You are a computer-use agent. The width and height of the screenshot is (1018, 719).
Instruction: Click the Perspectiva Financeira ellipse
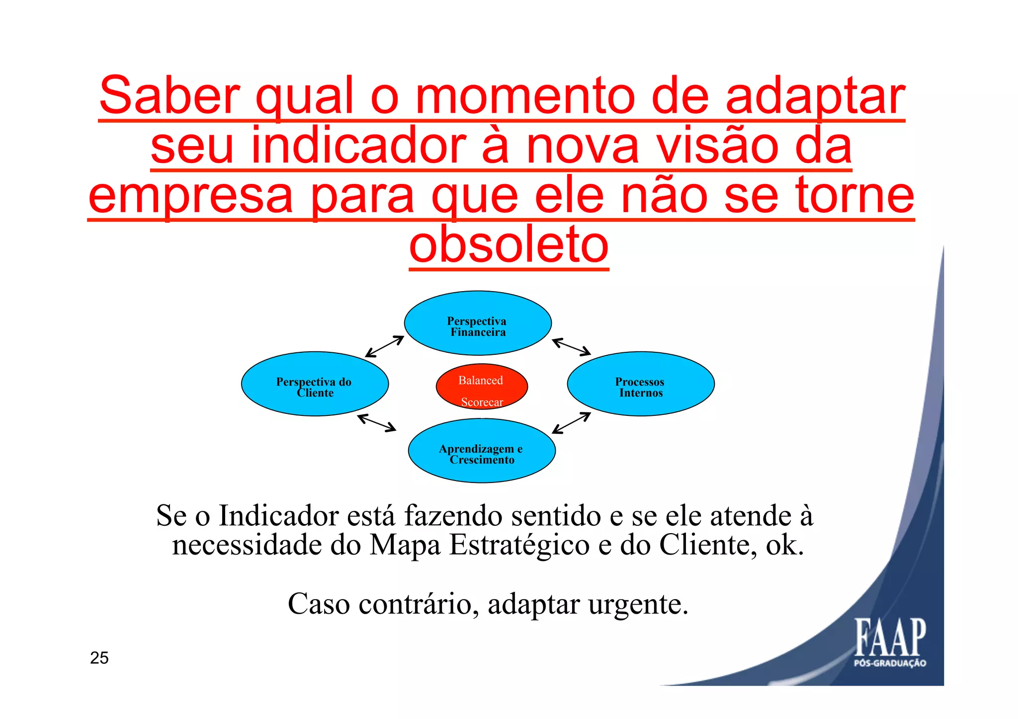(x=478, y=323)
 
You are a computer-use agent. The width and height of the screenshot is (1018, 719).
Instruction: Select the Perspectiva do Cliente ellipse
(x=315, y=384)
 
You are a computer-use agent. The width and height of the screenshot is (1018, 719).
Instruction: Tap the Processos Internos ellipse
(x=641, y=384)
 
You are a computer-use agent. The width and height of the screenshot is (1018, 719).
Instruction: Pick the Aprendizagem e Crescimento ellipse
(x=482, y=451)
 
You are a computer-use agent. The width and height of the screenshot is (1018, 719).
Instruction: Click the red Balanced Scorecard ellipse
(x=482, y=387)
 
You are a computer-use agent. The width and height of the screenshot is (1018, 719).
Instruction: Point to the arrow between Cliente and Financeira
(x=384, y=346)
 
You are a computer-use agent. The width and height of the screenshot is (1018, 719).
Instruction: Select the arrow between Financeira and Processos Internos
(x=571, y=347)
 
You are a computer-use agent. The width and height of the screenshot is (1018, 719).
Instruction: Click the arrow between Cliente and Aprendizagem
(x=377, y=422)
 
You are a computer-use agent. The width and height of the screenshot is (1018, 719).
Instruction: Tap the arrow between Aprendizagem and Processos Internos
(x=571, y=423)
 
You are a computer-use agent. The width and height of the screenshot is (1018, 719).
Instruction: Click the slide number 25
(x=99, y=658)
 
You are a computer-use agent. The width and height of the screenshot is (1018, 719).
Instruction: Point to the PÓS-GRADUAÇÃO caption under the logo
(x=890, y=663)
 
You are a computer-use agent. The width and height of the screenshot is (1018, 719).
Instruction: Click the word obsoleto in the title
(x=509, y=245)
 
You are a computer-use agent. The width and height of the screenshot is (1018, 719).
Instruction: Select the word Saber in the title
(x=170, y=95)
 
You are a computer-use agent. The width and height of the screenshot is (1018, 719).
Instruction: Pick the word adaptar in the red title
(x=815, y=95)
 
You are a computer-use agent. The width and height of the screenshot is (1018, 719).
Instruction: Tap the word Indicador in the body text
(x=279, y=515)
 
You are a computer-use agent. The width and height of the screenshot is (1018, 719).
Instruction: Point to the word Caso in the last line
(x=319, y=604)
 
